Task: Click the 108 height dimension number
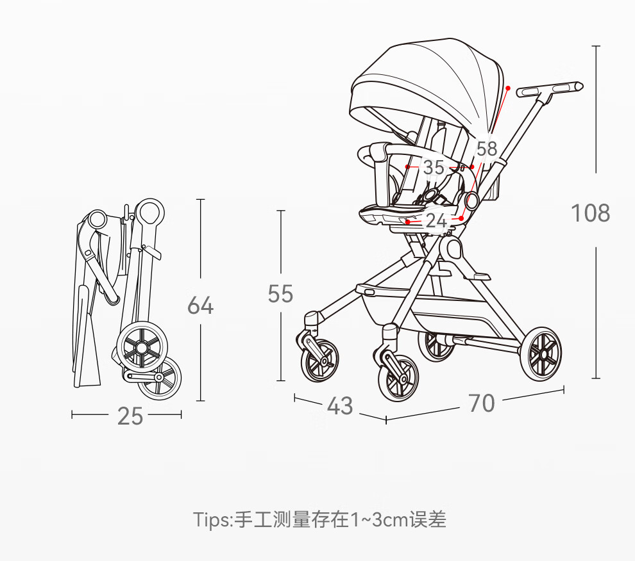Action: pos(590,213)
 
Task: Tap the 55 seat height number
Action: pos(280,294)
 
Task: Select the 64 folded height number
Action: pos(201,305)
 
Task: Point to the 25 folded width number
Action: pos(130,416)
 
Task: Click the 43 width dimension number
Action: pos(340,405)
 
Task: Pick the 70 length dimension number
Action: pos(482,403)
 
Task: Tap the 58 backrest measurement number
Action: pos(487,149)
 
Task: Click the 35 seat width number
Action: pos(434,167)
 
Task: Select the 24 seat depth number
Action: pos(436,221)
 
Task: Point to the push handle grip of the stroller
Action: pos(550,90)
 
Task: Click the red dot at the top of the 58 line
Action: pos(508,88)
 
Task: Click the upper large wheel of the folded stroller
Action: pos(142,347)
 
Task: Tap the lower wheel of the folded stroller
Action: pos(160,378)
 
